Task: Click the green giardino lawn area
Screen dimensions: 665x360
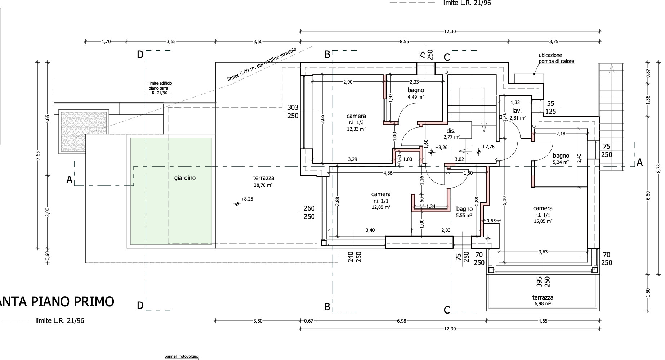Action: pyautogui.click(x=171, y=191)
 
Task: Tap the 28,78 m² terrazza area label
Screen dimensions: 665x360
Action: pyautogui.click(x=263, y=181)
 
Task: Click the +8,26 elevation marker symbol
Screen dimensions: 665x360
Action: pyautogui.click(x=431, y=152)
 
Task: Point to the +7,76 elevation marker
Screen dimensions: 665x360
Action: pyautogui.click(x=478, y=152)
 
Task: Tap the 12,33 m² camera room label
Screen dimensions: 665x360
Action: pyautogui.click(x=356, y=122)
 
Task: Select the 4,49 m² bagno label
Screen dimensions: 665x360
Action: pyautogui.click(x=416, y=93)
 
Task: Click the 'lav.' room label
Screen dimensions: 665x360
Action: pyautogui.click(x=517, y=111)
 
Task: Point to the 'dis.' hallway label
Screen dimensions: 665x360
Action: pyautogui.click(x=451, y=131)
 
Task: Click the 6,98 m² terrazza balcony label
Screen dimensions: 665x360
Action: pyautogui.click(x=543, y=300)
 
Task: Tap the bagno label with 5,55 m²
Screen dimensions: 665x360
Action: pyautogui.click(x=464, y=212)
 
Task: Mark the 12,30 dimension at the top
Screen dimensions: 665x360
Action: pyautogui.click(x=450, y=31)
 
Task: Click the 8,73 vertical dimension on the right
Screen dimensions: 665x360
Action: pyautogui.click(x=659, y=168)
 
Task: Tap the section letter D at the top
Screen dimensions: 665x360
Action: pyautogui.click(x=140, y=54)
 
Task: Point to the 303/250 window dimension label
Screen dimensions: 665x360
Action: pyautogui.click(x=293, y=112)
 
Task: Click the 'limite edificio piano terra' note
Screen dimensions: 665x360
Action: pyautogui.click(x=160, y=88)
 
